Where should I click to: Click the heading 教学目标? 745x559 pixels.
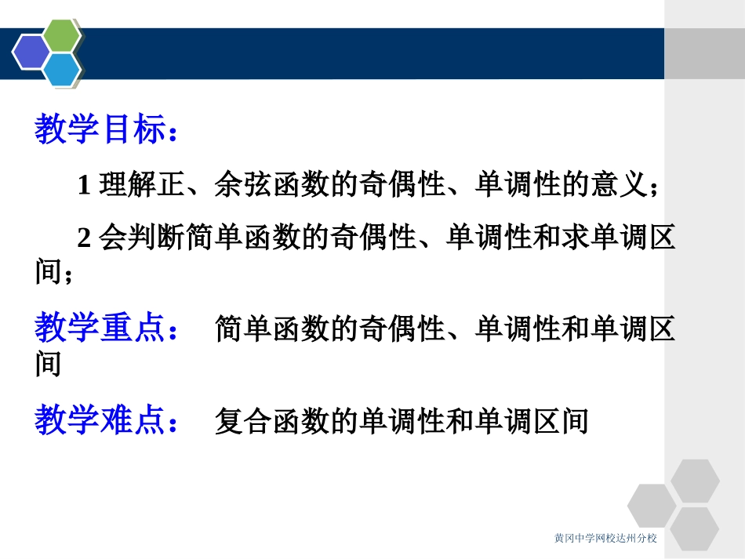tap(100, 130)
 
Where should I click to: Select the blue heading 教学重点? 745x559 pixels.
tap(100, 329)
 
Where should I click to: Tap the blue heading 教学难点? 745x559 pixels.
tap(100, 421)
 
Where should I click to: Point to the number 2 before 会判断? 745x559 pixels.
tap(84, 238)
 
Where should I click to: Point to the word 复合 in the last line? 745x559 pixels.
tap(243, 422)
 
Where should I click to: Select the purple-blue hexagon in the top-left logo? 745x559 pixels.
tap(31, 52)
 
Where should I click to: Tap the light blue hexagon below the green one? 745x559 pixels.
tap(61, 69)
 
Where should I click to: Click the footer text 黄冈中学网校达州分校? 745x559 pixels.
tap(605, 539)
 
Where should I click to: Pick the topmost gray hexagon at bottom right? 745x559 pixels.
tap(695, 480)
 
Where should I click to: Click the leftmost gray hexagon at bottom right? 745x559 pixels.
tap(652, 505)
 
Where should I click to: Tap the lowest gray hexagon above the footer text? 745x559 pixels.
tap(695, 527)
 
